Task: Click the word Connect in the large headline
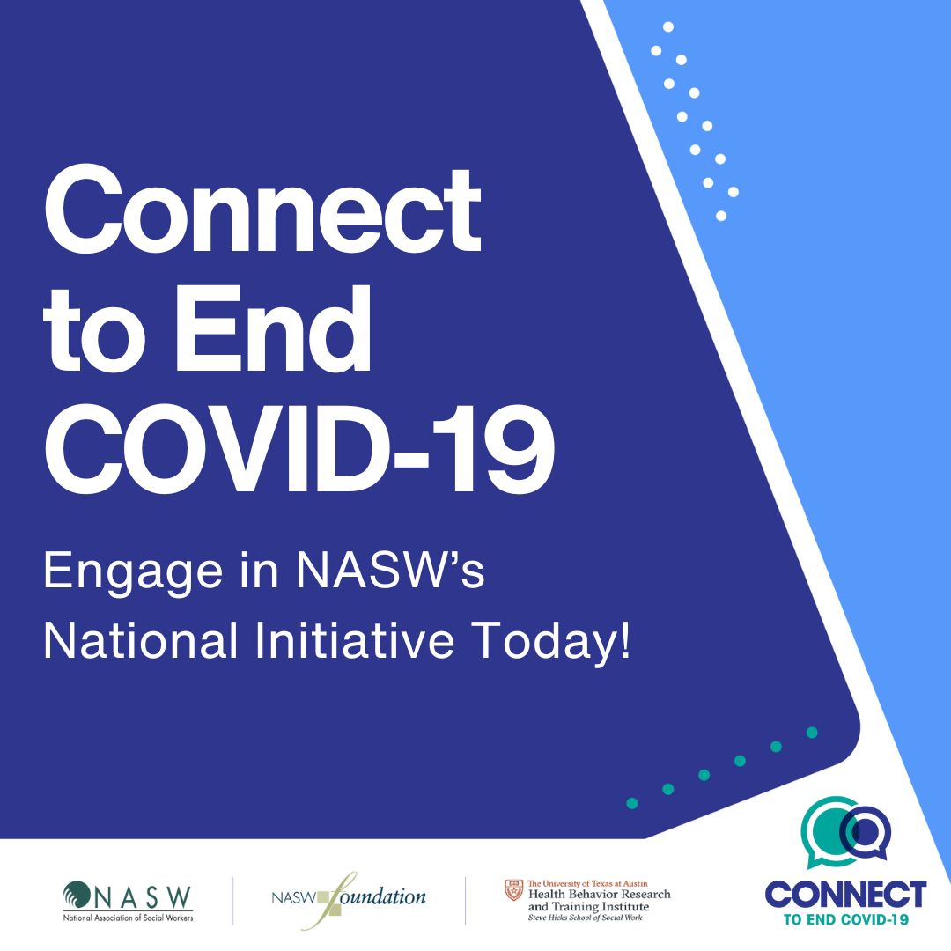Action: click(262, 210)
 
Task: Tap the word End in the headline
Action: click(273, 328)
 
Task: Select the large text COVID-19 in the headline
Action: click(299, 449)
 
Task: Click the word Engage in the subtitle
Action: click(133, 572)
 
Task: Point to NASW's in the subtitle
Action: click(391, 570)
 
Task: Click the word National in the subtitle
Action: click(141, 640)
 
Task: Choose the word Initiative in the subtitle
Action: click(355, 640)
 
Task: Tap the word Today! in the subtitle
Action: click(551, 643)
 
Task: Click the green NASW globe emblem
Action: click(77, 896)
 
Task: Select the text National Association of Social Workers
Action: click(128, 918)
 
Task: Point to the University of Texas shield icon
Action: click(513, 889)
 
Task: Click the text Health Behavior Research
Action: click(600, 894)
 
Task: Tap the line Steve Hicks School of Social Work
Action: click(585, 918)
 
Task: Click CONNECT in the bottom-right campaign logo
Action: click(845, 895)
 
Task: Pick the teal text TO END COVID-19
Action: click(846, 919)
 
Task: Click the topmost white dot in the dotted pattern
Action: click(668, 26)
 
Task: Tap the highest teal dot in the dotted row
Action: click(812, 733)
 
